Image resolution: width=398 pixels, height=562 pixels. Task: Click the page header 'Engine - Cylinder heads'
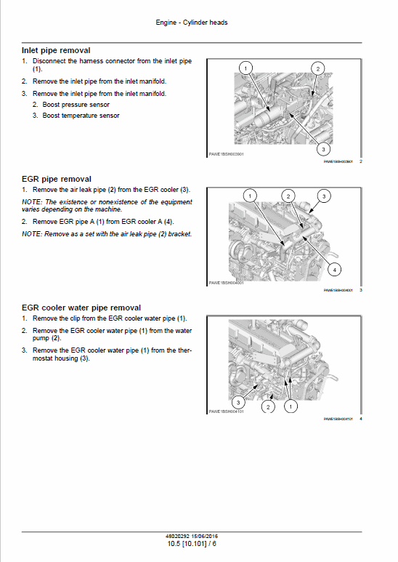[192, 23]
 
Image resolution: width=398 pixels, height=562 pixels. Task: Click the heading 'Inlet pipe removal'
[57, 50]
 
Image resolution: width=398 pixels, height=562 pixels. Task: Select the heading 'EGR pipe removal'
[57, 179]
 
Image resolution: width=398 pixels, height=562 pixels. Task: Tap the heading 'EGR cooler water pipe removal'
[81, 308]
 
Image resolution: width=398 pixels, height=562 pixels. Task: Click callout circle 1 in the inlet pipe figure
[245, 68]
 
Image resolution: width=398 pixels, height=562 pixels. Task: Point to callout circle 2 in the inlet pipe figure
[317, 68]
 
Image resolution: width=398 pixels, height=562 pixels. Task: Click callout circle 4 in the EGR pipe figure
[334, 269]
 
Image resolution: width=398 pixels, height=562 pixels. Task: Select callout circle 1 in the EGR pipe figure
[249, 196]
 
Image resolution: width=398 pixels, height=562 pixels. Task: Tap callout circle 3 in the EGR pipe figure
[325, 196]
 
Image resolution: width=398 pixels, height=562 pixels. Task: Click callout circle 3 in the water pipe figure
[237, 401]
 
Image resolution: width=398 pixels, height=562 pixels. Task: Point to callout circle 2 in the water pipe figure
[268, 407]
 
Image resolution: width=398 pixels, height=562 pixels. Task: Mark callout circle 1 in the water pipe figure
[291, 407]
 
